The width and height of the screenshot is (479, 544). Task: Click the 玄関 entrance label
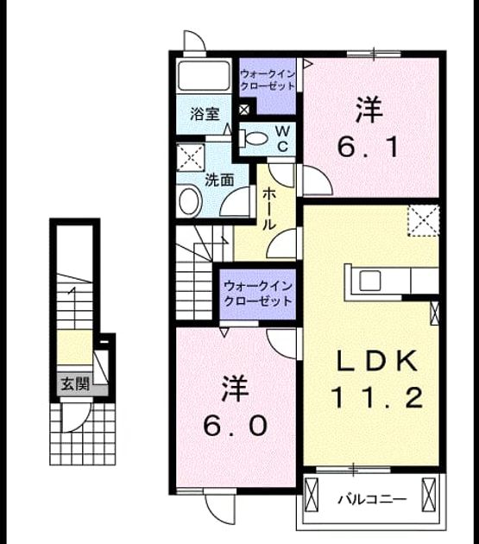click(x=75, y=384)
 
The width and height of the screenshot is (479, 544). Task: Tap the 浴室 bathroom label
click(x=205, y=114)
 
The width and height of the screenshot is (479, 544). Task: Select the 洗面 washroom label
click(x=219, y=180)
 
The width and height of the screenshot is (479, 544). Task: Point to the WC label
click(x=283, y=139)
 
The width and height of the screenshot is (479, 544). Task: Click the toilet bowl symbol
click(x=255, y=138)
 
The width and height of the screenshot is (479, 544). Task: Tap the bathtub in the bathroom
click(x=204, y=76)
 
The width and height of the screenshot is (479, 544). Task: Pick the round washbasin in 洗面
click(x=190, y=201)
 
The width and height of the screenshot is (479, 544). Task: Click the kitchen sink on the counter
click(x=369, y=281)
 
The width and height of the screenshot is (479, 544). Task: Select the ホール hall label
click(x=269, y=209)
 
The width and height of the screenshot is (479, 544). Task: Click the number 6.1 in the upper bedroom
click(x=368, y=147)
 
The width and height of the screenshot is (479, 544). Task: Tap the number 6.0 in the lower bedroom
click(x=235, y=426)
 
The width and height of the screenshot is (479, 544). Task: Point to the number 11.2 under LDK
click(x=377, y=397)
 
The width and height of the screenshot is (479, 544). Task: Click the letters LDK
click(x=377, y=361)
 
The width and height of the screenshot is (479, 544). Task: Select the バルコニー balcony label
click(x=372, y=500)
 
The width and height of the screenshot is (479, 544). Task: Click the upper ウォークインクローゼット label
click(x=268, y=80)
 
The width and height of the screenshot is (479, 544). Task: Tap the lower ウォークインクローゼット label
click(x=258, y=294)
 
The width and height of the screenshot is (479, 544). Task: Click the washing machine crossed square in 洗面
click(x=191, y=157)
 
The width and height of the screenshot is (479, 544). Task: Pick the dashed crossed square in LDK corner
click(x=424, y=220)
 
